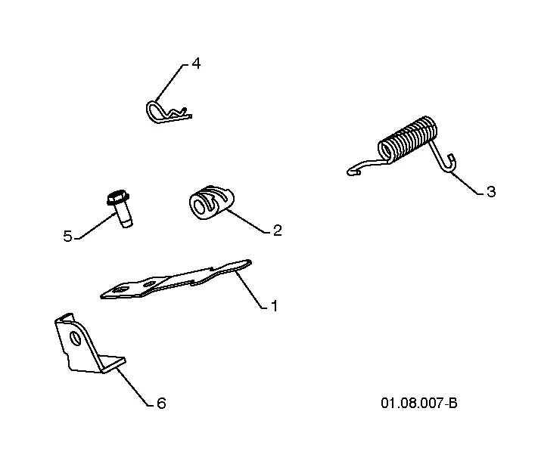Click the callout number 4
[196, 63]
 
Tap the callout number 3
[491, 191]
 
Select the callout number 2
[277, 230]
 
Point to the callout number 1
[274, 306]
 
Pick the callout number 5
[67, 237]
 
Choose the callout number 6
[161, 404]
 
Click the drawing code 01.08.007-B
[419, 403]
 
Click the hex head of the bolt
[118, 198]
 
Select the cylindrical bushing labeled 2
[211, 203]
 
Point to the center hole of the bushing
[199, 206]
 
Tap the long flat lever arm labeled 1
[176, 280]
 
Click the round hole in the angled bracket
[74, 338]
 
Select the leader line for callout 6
[134, 387]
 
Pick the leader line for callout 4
[169, 82]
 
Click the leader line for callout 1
[250, 289]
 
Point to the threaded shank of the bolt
[123, 216]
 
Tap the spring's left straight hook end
[364, 166]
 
